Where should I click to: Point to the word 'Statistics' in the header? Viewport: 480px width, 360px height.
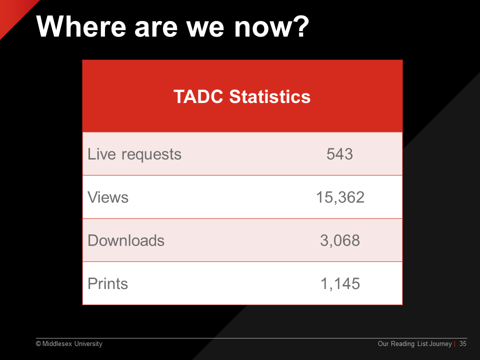click(x=269, y=96)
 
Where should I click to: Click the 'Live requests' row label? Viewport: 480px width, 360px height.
click(x=134, y=154)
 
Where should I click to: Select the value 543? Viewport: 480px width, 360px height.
click(x=339, y=154)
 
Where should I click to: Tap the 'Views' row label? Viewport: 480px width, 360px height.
click(x=108, y=197)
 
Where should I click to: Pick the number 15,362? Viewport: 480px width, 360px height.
click(x=340, y=197)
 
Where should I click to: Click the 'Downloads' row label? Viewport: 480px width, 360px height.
click(x=126, y=240)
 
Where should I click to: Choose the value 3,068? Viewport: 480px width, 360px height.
click(x=340, y=240)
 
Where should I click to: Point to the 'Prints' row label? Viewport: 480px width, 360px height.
click(x=108, y=283)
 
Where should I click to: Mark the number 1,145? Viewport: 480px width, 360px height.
click(x=340, y=284)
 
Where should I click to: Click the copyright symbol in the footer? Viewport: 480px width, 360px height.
click(x=38, y=344)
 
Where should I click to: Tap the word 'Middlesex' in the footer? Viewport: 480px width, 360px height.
click(x=57, y=344)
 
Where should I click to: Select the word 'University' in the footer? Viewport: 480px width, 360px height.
click(x=88, y=344)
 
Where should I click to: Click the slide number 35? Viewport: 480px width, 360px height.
click(x=463, y=344)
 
